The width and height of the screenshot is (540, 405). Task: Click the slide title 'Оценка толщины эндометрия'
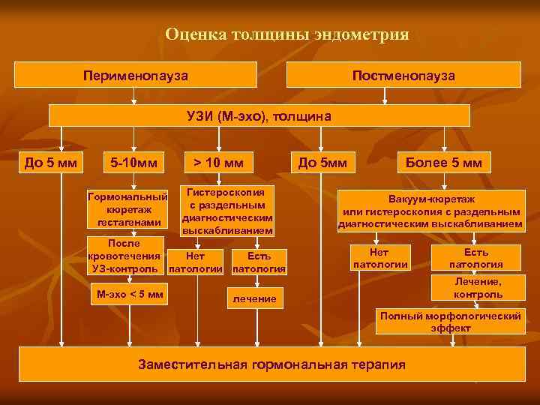coord(287,34)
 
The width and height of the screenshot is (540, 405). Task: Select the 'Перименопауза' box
coord(136,76)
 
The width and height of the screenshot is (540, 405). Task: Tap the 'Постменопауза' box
coord(403,76)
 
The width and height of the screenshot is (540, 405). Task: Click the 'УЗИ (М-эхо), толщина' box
coord(259,115)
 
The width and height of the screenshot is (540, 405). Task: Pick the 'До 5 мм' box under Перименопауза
coord(46,162)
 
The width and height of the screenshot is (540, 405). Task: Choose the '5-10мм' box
coord(133,162)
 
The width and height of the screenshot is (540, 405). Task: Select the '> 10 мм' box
coord(218,162)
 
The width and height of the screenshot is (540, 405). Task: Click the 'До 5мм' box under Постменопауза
coord(322,162)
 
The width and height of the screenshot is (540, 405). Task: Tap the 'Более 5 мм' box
coord(443,162)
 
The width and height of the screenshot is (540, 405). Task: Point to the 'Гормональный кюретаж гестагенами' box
coord(127,209)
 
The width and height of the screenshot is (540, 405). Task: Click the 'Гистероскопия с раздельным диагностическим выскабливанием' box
coord(227,209)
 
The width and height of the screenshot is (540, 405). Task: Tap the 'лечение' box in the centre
coord(253,299)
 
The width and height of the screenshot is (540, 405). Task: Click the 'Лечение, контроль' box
coord(478,287)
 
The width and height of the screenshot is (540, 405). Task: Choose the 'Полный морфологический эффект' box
coord(450,322)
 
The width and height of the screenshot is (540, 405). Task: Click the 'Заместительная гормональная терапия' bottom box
coord(272,364)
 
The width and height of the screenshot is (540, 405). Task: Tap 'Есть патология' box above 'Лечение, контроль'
coord(475,258)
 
